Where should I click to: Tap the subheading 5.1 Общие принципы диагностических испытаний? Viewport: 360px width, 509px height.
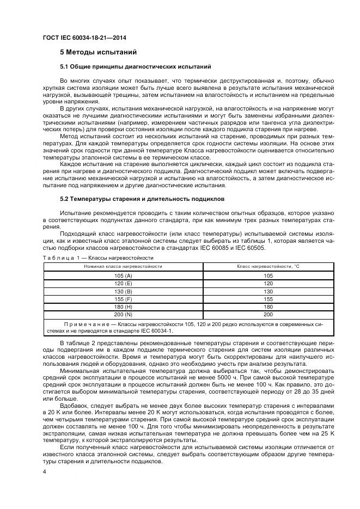tap(135, 66)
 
